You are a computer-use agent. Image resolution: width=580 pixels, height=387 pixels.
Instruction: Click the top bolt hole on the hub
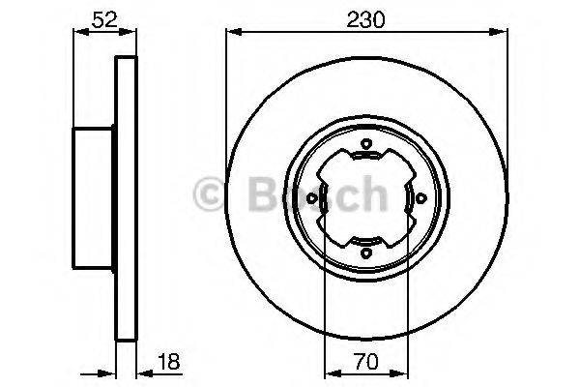365,147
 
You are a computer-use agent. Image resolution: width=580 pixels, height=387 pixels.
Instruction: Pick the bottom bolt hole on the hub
365,253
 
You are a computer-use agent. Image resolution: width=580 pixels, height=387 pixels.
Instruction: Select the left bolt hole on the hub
312,200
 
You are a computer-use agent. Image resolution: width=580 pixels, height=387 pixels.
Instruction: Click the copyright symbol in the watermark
210,194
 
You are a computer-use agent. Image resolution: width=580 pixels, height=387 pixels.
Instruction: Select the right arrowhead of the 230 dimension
503,31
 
